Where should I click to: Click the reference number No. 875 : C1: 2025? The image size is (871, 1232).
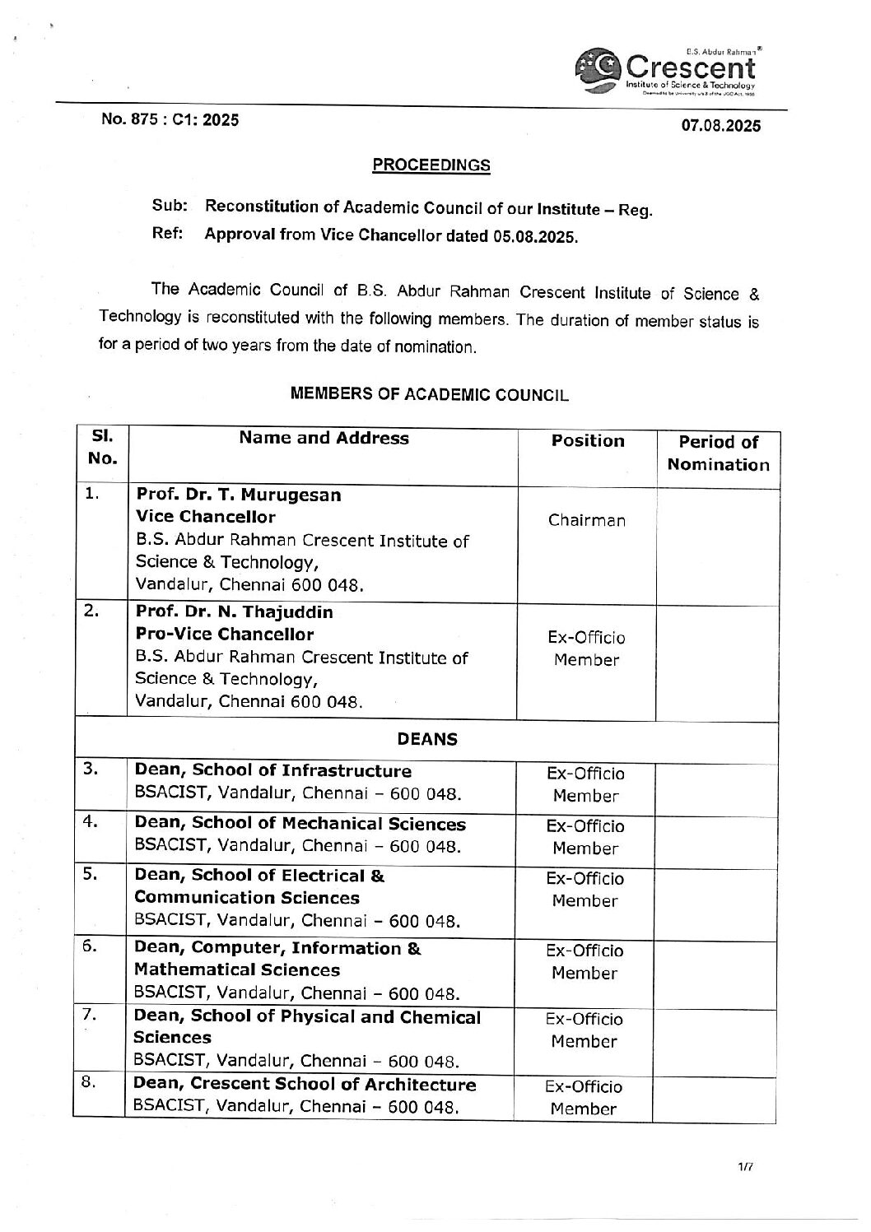170,120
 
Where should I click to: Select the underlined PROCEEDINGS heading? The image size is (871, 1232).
431,165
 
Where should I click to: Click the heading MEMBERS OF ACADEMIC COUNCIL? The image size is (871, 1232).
430,394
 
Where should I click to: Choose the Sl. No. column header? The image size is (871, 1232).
101,447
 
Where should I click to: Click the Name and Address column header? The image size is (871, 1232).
324,439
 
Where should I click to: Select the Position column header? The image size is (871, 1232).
588,441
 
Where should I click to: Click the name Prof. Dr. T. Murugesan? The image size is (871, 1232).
239,495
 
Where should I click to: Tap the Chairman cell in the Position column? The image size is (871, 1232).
587,520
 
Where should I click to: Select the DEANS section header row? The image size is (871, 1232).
427,739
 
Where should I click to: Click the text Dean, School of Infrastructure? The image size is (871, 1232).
272,771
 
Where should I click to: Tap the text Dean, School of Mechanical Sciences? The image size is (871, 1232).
300,824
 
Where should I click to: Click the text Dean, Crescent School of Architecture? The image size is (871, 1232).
305,1085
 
